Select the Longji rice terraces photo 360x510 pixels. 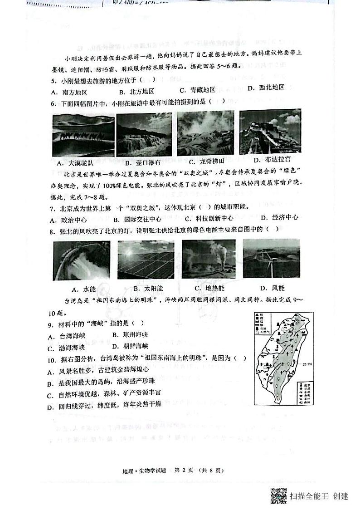click(x=205, y=133)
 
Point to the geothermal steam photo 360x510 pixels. click(x=208, y=259)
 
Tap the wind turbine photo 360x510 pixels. click(x=271, y=258)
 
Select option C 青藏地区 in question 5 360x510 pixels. click(x=197, y=89)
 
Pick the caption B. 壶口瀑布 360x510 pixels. click(x=142, y=162)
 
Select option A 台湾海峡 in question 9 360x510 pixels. click(x=67, y=336)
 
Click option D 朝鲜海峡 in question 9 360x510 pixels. click(x=130, y=347)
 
